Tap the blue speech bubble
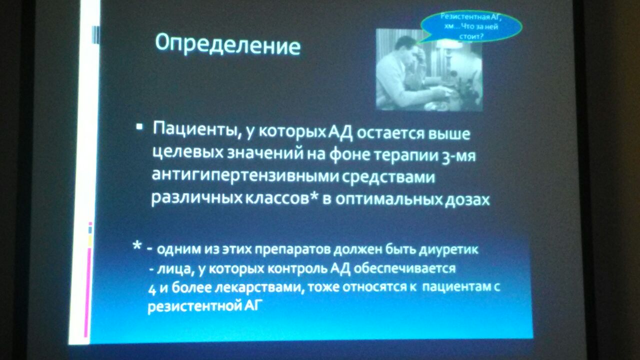471,26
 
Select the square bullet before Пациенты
139,127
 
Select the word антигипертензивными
245,175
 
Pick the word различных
197,197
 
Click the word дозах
467,199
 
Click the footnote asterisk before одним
137,245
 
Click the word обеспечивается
404,268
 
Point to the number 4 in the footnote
152,290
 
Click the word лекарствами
258,287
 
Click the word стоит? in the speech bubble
471,36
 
